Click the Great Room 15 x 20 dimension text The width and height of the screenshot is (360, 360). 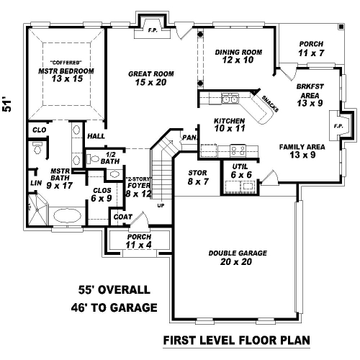pyautogui.click(x=150, y=82)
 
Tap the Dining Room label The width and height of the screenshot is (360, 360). pyautogui.click(x=238, y=52)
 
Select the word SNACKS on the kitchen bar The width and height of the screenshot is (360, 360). pyautogui.click(x=270, y=104)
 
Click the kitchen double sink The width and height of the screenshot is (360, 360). pyautogui.click(x=230, y=99)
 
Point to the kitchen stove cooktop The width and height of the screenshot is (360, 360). pyautogui.click(x=238, y=150)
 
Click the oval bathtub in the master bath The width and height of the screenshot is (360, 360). pyautogui.click(x=67, y=215)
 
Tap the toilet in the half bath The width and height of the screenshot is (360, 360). pyautogui.click(x=93, y=158)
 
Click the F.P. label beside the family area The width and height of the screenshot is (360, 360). pyautogui.click(x=338, y=126)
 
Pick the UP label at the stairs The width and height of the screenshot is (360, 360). pyautogui.click(x=161, y=206)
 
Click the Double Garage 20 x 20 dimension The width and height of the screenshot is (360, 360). pyautogui.click(x=236, y=261)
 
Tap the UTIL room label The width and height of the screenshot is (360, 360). pyautogui.click(x=240, y=166)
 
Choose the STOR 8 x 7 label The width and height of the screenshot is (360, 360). pyautogui.click(x=198, y=177)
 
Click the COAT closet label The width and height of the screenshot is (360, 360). pyautogui.click(x=123, y=217)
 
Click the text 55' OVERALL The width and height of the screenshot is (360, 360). pyautogui.click(x=114, y=289)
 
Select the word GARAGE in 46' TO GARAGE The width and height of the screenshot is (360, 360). pyautogui.click(x=135, y=307)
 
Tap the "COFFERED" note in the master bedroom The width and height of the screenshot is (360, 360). pyautogui.click(x=66, y=63)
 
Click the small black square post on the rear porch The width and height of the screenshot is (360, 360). pyautogui.click(x=341, y=27)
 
